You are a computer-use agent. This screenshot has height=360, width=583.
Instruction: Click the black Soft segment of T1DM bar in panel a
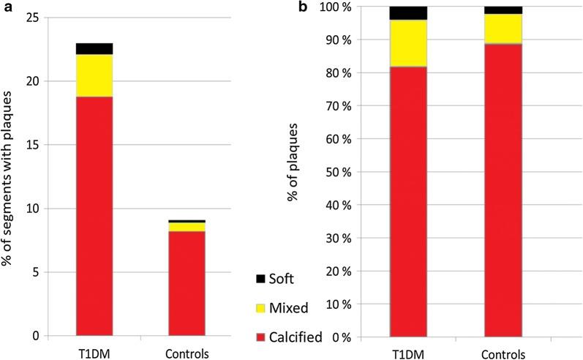(x=94, y=48)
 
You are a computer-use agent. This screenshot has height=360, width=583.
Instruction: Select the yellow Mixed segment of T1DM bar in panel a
(x=94, y=75)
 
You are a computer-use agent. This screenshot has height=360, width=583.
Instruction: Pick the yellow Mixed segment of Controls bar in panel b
(x=503, y=29)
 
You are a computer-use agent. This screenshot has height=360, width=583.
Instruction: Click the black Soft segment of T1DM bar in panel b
(x=408, y=12)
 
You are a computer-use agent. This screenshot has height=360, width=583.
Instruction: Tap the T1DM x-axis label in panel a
(x=94, y=350)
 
